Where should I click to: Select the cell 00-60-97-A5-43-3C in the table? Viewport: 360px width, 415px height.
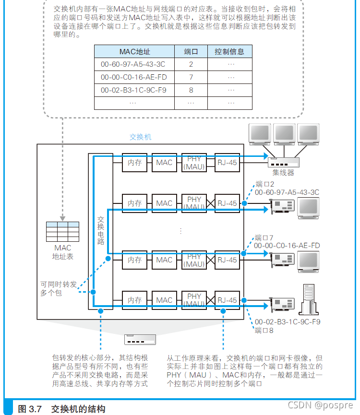point(133,64)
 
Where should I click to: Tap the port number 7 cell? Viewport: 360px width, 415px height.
point(191,77)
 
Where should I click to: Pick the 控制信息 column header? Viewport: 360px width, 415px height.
point(229,51)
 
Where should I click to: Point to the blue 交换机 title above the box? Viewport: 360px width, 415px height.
point(140,137)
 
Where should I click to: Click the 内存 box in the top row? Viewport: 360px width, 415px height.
point(134,163)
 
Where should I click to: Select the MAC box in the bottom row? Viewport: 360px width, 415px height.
point(164,300)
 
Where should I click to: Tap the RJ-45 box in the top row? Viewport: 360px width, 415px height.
point(227,163)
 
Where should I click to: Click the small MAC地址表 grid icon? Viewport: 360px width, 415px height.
point(62,232)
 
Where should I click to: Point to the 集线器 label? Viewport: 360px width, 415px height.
point(283,173)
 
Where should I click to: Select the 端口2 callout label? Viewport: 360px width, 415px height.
point(264,184)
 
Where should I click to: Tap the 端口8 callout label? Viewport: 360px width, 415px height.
point(264,331)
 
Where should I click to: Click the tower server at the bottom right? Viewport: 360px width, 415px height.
point(309,300)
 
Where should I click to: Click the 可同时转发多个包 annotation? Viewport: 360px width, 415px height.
point(58,288)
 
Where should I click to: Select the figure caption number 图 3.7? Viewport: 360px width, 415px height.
point(30,409)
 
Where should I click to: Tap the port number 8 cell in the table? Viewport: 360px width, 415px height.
point(191,90)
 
